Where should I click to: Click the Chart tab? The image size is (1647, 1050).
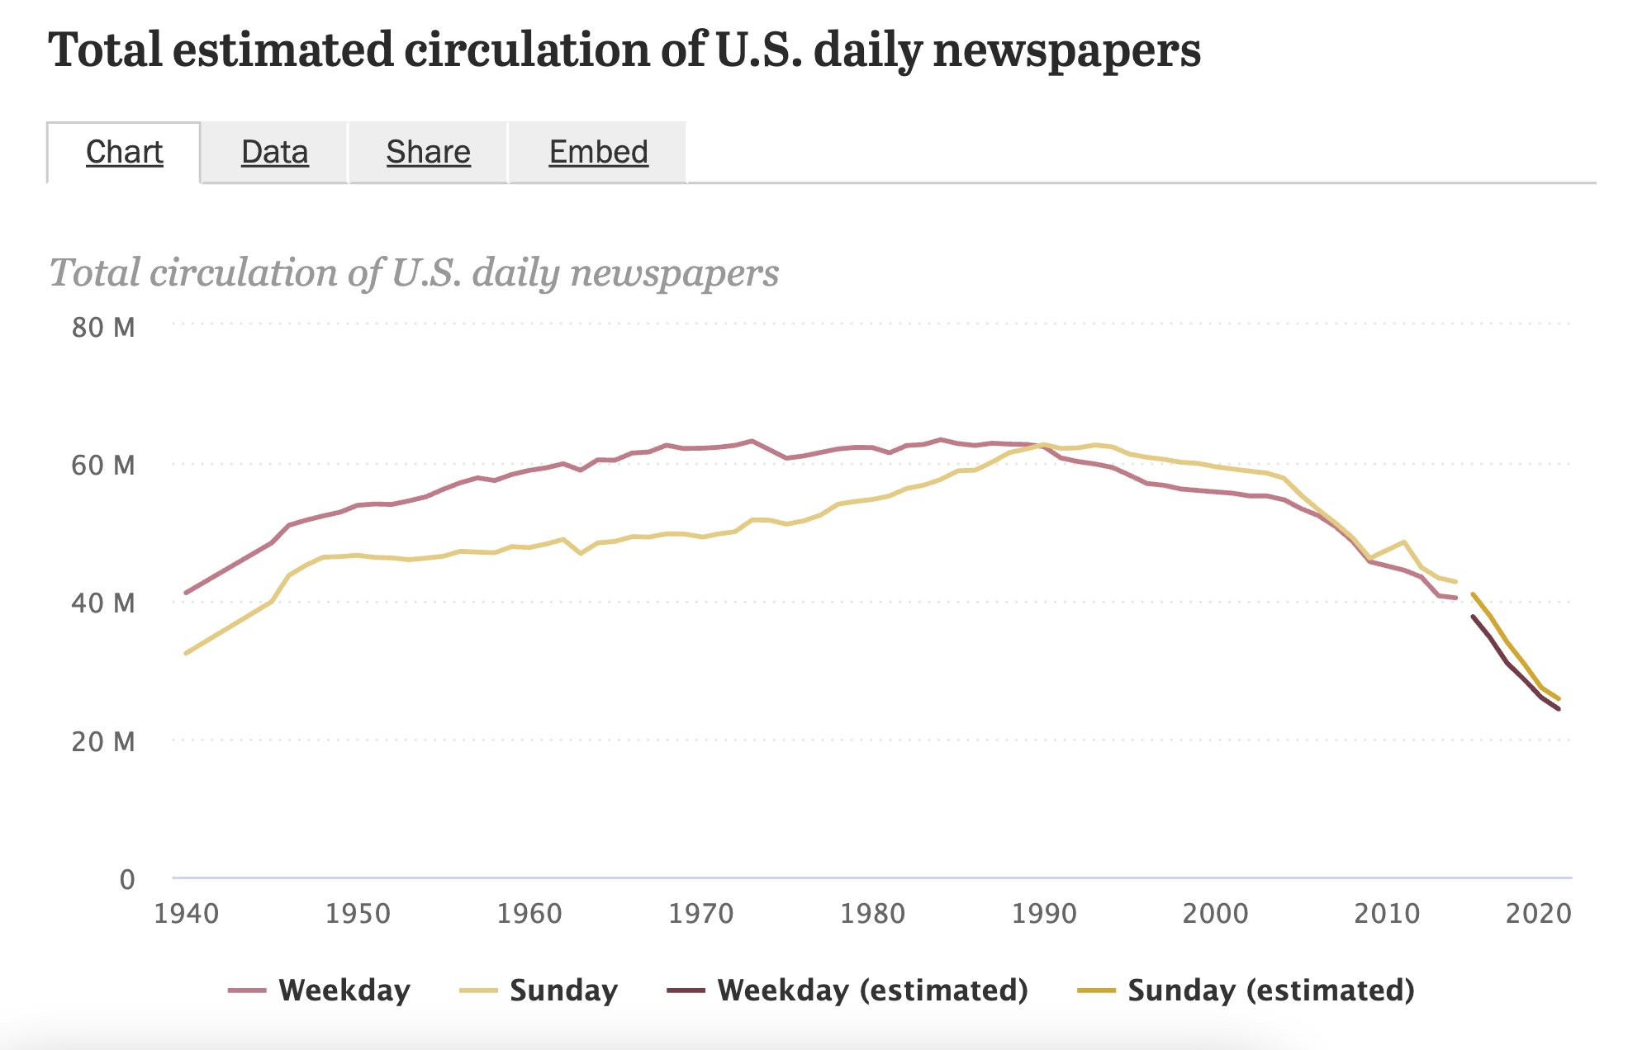coord(124,153)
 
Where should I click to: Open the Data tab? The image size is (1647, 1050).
coord(274,153)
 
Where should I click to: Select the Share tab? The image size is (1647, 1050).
coord(428,153)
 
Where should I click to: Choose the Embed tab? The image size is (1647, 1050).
coord(598,153)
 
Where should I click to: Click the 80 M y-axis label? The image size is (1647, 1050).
coord(103,328)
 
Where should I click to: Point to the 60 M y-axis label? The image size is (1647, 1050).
coord(103,466)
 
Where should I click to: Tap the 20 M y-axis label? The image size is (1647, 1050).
coord(103,741)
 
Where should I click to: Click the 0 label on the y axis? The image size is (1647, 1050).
coord(126,879)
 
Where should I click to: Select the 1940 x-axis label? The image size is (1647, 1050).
coord(187,914)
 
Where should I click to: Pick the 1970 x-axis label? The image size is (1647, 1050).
coord(701,914)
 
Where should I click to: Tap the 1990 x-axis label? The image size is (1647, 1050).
coord(1044,914)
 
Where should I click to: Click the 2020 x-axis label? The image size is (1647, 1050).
coord(1538,914)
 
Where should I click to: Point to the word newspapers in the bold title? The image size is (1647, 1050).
coord(1066,51)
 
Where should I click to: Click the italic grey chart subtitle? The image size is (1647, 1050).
coord(414,272)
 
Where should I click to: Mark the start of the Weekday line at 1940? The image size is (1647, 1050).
coord(187,593)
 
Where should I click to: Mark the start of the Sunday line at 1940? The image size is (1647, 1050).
coord(187,653)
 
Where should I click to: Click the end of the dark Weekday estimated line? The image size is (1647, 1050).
coord(1558,708)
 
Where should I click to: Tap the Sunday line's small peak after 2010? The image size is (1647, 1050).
coord(1404,542)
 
